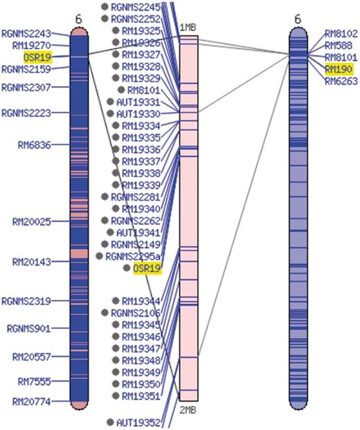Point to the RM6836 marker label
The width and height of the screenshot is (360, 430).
(x=34, y=145)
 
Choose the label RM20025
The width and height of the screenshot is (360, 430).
(x=31, y=222)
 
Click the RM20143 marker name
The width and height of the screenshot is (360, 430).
(x=31, y=262)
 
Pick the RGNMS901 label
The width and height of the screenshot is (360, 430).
(x=28, y=328)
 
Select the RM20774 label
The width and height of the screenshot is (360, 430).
(x=31, y=401)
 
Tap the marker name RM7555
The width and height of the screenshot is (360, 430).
(x=34, y=382)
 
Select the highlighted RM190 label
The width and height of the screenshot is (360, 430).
(x=339, y=69)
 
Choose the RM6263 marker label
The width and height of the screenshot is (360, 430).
(x=341, y=80)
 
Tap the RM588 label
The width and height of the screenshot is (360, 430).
(x=338, y=45)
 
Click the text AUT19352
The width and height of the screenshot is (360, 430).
(x=138, y=422)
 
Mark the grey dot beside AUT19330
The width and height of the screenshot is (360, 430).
(x=110, y=114)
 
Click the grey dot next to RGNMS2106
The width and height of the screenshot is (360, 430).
(x=105, y=313)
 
